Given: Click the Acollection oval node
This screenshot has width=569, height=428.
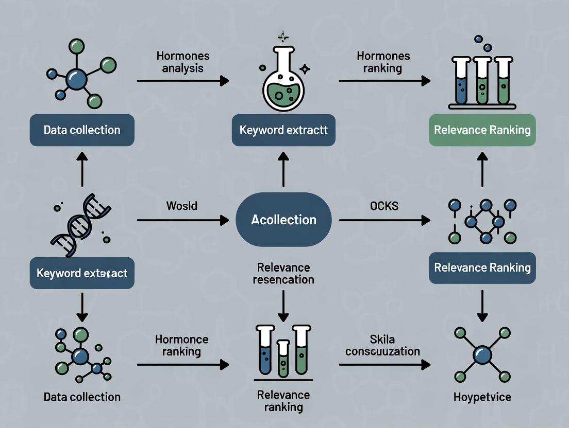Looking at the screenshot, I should [283, 220].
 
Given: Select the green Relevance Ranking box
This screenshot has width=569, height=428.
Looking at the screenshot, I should [482, 130].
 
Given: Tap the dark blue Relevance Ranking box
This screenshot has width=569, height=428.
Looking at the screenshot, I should [482, 267].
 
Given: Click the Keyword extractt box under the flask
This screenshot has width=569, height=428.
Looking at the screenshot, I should [283, 130].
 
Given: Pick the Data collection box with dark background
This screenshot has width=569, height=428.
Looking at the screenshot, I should [82, 130].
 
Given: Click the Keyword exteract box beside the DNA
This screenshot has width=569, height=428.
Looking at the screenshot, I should [82, 273].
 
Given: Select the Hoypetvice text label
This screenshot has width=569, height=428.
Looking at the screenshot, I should [482, 397].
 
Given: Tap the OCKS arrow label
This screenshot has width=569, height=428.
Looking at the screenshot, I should [384, 206].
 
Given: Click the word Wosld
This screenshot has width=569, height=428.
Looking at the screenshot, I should [181, 206].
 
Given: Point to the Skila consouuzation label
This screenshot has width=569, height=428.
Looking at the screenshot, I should [382, 345].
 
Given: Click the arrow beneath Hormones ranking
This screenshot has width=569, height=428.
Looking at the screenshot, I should [384, 80].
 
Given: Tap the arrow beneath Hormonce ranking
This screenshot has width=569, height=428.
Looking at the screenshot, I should [182, 364].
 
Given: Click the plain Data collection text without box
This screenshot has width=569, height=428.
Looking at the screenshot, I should [82, 397].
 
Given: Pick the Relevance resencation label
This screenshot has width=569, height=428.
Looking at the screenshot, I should [283, 273].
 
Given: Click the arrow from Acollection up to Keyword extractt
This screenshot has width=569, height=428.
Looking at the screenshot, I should [283, 169].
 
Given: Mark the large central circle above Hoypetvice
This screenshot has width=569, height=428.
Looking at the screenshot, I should [482, 355].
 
